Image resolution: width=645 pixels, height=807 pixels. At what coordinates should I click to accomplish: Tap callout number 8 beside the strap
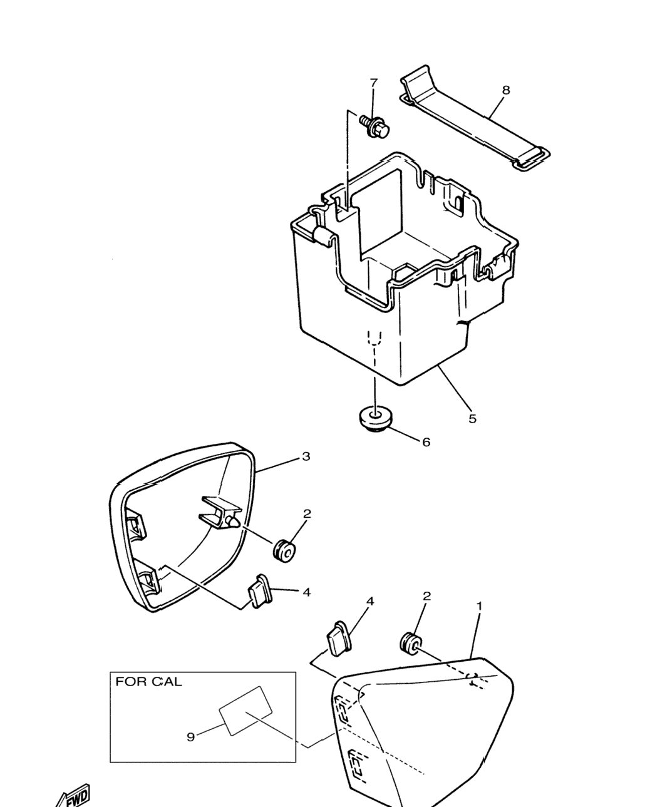[x=506, y=90]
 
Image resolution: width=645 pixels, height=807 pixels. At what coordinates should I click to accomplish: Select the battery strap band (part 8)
[x=475, y=119]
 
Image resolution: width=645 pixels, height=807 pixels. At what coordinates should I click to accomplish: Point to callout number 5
[x=472, y=418]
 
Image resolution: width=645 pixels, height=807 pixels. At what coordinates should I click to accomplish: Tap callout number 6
[x=426, y=443]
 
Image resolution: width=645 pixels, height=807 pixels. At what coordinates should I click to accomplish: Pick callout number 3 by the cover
[x=306, y=457]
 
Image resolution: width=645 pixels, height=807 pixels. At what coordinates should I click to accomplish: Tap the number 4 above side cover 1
[x=370, y=612]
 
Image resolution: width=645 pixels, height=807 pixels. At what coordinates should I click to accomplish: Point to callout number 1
[x=479, y=617]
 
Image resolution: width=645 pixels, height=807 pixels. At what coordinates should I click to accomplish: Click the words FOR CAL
[x=148, y=681]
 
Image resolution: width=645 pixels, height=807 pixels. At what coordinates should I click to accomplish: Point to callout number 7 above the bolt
[x=373, y=83]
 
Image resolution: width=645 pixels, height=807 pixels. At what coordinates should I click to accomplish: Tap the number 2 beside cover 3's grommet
[x=307, y=514]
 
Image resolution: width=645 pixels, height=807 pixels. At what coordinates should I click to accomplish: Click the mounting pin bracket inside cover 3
[x=220, y=512]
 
